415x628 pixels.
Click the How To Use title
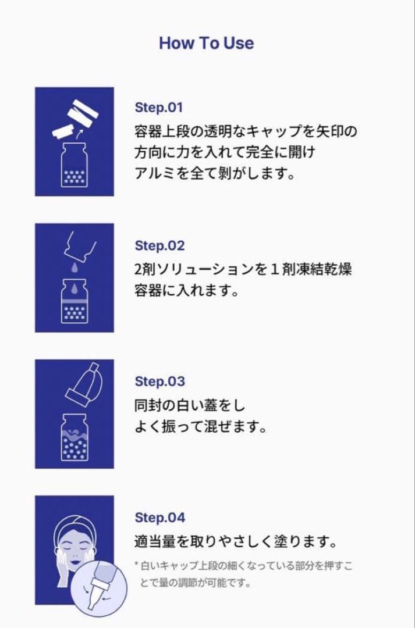(206, 43)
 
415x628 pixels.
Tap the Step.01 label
(158, 108)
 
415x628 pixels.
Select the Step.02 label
(159, 246)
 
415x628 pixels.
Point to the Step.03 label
(159, 382)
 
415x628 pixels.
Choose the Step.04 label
(159, 518)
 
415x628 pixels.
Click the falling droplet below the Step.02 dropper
(74, 266)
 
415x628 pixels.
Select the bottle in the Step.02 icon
(74, 302)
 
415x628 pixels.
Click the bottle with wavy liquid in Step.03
(74, 438)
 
